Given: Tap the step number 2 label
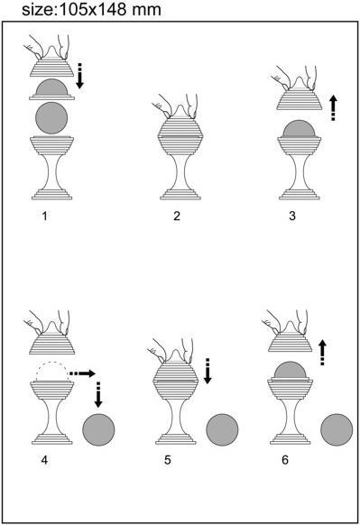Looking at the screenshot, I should (177, 216).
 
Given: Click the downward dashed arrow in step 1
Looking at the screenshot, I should (80, 75).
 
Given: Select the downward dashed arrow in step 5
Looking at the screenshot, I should (208, 370).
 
